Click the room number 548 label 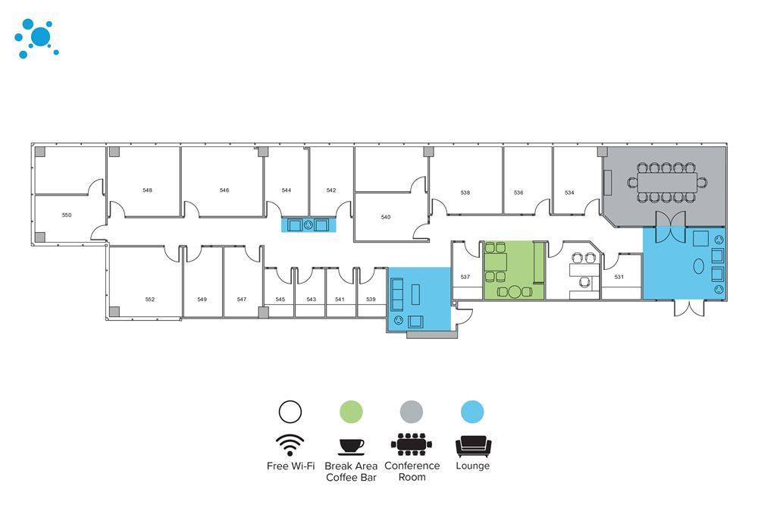[x=147, y=190]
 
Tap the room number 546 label [x=224, y=190]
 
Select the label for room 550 [x=67, y=215]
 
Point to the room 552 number [x=150, y=300]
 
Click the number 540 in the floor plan [x=386, y=218]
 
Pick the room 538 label [x=465, y=193]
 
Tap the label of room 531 [x=619, y=277]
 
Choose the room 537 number [x=465, y=277]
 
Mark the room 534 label [x=569, y=193]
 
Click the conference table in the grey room [x=667, y=183]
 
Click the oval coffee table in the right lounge [x=698, y=266]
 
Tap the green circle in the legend [x=351, y=411]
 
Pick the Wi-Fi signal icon [x=290, y=444]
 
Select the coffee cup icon [x=351, y=444]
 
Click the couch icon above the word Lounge [x=472, y=444]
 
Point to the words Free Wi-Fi [x=290, y=466]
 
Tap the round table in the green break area [x=515, y=291]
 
